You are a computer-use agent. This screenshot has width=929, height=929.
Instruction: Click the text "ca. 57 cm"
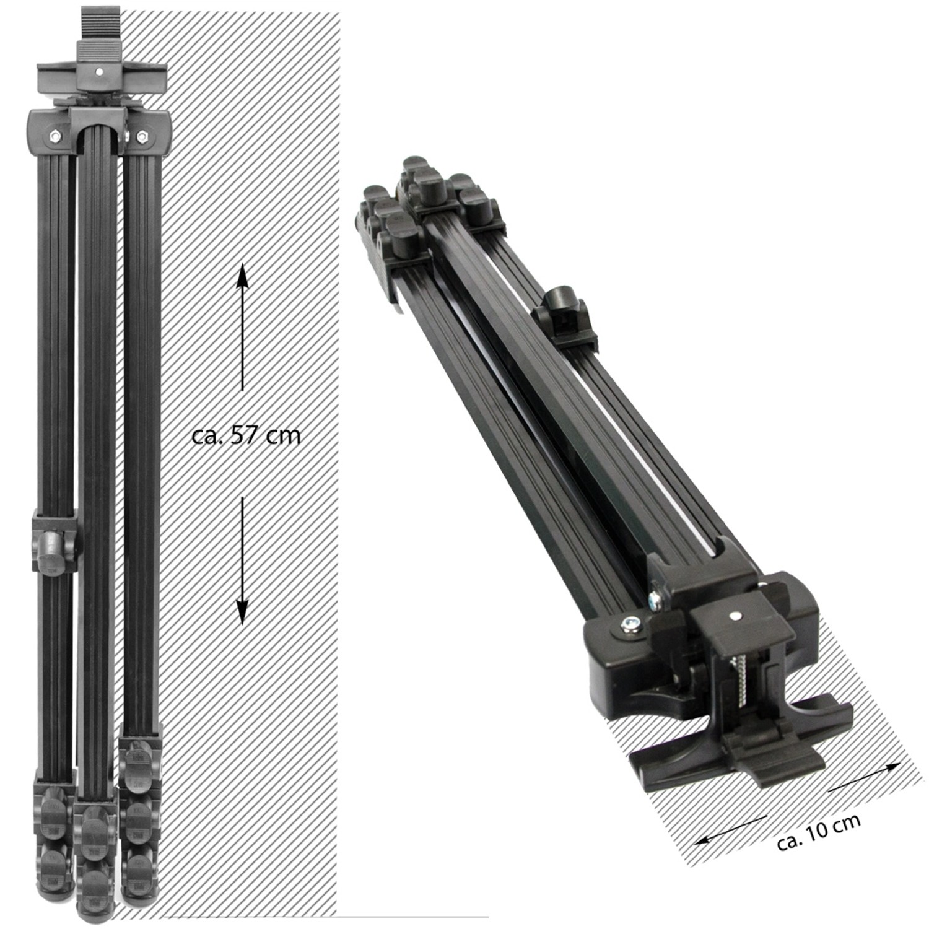click(x=246, y=435)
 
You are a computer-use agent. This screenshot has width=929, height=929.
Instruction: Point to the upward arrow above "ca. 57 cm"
click(x=242, y=326)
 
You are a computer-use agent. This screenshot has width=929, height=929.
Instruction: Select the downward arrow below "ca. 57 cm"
click(x=242, y=560)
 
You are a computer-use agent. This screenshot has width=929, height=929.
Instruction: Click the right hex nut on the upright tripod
click(x=141, y=136)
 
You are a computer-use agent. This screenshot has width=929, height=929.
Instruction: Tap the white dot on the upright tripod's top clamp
click(x=98, y=72)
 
